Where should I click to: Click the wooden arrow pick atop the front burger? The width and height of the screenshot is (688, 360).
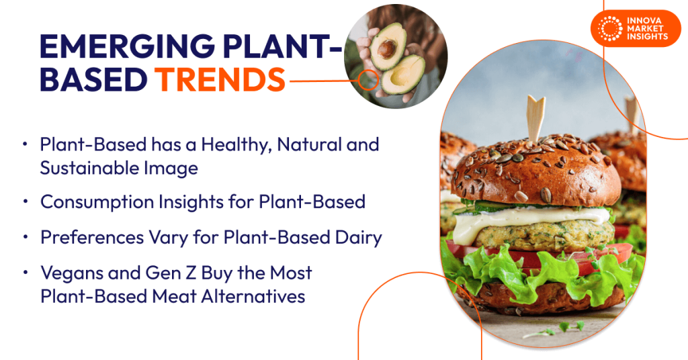(536, 118)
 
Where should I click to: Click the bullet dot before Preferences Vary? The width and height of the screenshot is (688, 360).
(26, 238)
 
